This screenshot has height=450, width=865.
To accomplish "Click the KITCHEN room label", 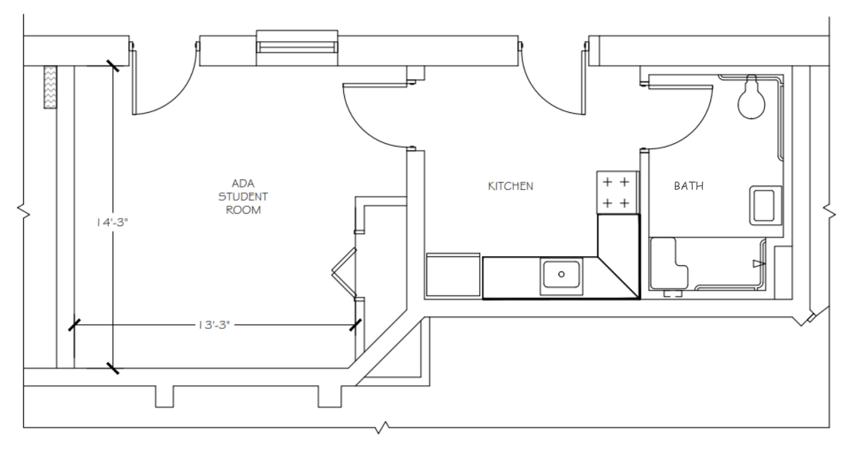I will [x=510, y=186].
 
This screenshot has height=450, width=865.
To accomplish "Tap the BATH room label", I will [x=688, y=186].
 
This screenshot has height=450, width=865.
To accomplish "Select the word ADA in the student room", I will [x=243, y=183].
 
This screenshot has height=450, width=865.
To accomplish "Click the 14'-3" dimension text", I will [x=111, y=222].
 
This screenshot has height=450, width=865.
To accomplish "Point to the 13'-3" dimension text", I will [x=213, y=325].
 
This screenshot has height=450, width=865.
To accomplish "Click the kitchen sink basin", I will [x=561, y=275].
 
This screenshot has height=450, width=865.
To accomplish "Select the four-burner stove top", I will [x=616, y=192].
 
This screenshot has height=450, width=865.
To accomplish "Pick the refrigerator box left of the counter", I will [x=453, y=275].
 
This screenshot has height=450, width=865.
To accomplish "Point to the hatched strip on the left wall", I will [x=50, y=87].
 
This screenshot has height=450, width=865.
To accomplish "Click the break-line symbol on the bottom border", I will [x=383, y=427].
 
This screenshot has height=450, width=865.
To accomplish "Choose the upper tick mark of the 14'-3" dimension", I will [x=112, y=66].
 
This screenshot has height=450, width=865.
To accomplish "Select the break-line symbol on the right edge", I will [x=829, y=212].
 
